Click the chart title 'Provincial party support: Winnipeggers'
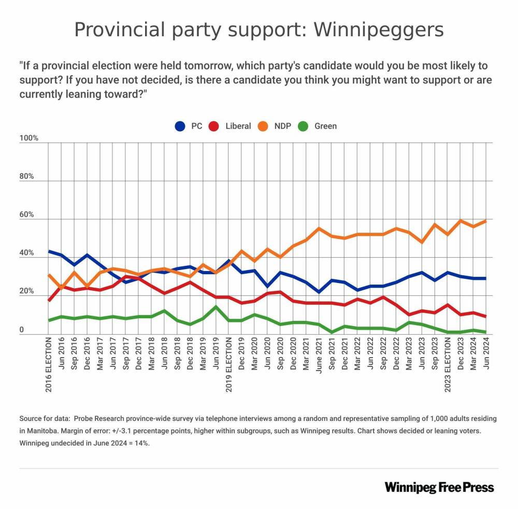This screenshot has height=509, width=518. point(259,30)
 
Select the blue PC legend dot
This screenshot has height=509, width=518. point(180,126)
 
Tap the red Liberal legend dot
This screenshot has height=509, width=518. point(214,126)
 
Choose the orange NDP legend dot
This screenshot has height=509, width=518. point(264,126)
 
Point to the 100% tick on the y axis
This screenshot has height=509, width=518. point(29,138)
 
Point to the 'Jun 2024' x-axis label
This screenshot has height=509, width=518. point(487,353)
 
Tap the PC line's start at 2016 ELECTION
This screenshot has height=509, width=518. point(49,251)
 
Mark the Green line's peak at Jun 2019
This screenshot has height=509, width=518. point(216,307)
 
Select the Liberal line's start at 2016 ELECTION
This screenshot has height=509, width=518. point(49,300)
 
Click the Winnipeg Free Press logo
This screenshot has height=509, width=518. point(439,487)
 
